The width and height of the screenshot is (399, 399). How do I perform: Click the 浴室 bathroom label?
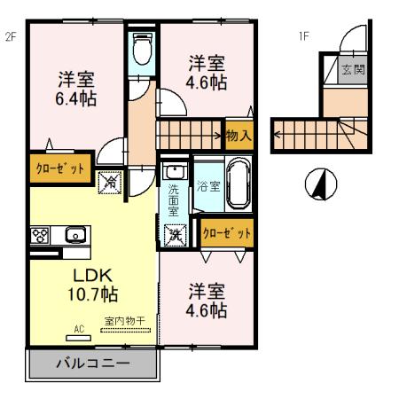207,187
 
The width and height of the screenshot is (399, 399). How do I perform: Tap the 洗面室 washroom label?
175,199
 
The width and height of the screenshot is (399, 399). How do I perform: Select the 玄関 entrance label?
353,69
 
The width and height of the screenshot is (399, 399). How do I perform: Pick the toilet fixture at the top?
141,51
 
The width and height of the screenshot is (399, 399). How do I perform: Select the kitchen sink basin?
74,236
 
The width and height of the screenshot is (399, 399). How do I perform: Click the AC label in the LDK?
78,329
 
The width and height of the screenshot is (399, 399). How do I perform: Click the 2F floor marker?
12,36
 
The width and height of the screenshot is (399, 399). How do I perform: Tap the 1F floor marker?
302,36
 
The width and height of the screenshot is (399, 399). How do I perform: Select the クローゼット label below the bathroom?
226,233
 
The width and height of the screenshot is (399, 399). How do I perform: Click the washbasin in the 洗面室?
175,170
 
